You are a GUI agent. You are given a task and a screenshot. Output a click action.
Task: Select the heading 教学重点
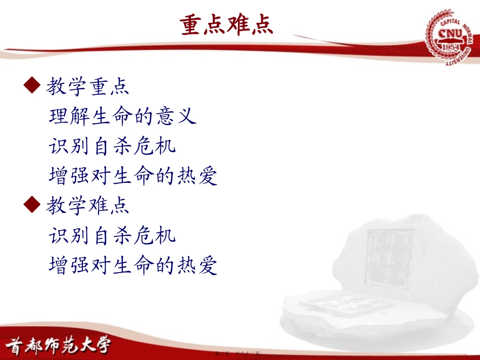pos(87,86)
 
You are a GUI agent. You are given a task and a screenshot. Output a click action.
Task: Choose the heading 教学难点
pos(87,205)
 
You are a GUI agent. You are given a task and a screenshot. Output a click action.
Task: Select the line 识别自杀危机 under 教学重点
pos(113,146)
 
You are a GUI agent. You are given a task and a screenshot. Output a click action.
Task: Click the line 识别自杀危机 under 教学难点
pos(113,235)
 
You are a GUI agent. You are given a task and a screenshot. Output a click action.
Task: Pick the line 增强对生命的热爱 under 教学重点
pos(133,176)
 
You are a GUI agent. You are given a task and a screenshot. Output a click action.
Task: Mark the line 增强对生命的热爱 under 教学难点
pos(133,265)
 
